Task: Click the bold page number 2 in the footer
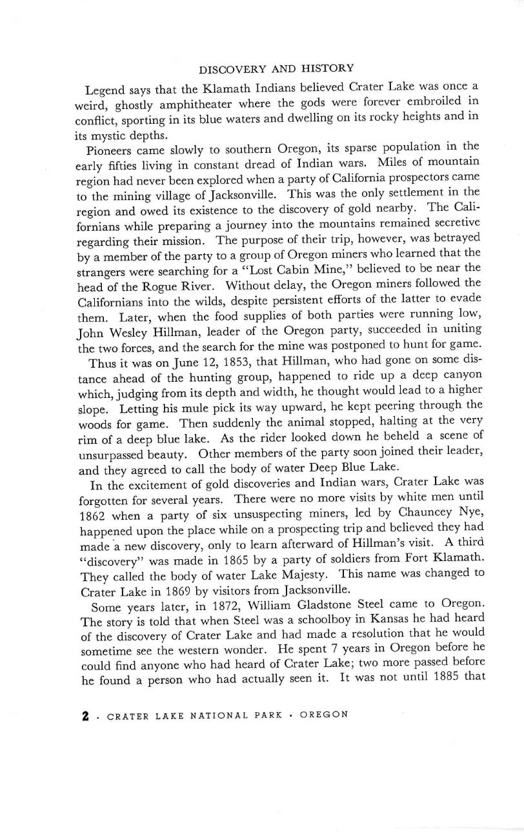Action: point(85,715)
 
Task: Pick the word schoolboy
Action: point(254,620)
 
